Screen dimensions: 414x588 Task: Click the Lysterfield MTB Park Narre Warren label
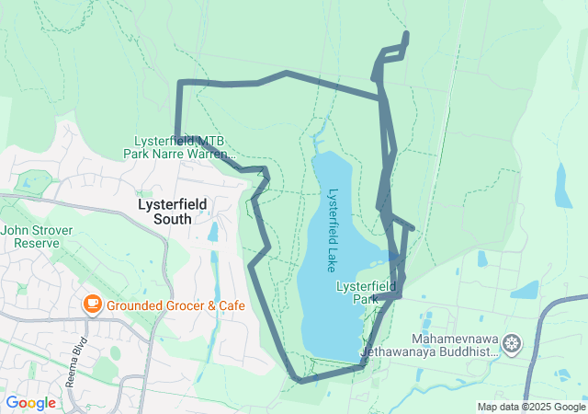[x=179, y=147]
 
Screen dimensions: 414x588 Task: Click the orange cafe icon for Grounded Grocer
[x=92, y=305]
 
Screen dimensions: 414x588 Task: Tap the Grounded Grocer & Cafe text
[x=175, y=305]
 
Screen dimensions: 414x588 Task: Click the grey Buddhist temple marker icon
[x=512, y=345]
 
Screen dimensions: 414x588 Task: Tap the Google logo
[x=30, y=403]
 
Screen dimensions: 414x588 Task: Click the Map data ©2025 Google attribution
[x=530, y=407]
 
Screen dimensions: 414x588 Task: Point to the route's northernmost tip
[x=405, y=35]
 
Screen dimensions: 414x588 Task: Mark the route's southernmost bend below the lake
[x=298, y=379]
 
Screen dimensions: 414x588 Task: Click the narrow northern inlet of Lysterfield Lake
[x=318, y=138]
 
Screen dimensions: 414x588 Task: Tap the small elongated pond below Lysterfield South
[x=213, y=232]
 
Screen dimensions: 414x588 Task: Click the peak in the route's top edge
[x=287, y=73]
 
